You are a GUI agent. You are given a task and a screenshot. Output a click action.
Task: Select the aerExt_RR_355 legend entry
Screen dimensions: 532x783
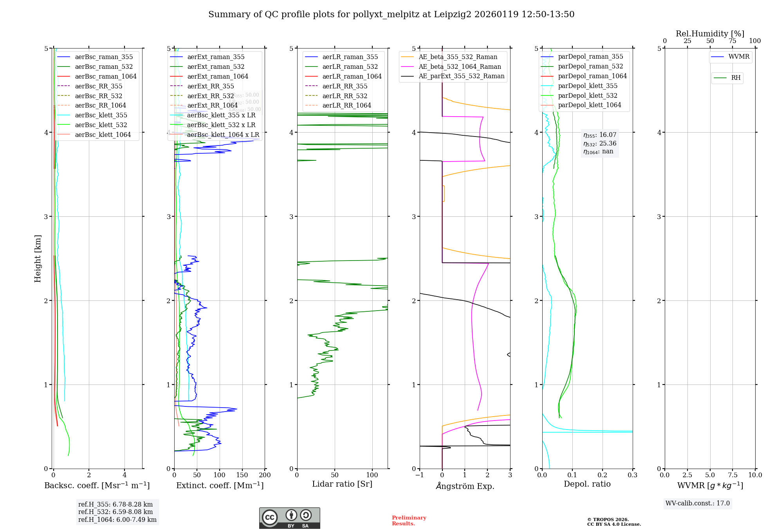(x=210, y=86)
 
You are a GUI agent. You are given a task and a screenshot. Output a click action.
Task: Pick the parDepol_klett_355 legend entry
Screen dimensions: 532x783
(x=587, y=86)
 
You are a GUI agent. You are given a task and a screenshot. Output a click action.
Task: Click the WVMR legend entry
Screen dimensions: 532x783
(x=739, y=57)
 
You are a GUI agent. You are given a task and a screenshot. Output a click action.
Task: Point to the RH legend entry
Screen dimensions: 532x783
(x=736, y=78)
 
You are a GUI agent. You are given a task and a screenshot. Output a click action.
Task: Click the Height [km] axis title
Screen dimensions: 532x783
(x=38, y=259)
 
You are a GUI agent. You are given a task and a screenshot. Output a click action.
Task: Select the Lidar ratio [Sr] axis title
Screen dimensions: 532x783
(x=342, y=484)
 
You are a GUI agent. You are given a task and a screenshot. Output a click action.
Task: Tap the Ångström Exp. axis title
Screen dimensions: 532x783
(x=465, y=486)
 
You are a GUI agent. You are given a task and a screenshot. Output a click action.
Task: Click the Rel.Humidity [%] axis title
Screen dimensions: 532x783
(x=710, y=34)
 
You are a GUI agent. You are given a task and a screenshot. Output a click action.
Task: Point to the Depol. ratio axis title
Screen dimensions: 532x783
(x=587, y=484)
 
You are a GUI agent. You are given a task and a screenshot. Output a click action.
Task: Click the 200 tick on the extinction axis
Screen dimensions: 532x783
(x=265, y=475)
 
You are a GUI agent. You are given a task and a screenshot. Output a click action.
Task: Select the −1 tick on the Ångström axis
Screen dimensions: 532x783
(x=419, y=475)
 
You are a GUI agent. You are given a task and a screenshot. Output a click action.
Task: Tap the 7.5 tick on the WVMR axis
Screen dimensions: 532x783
(x=732, y=475)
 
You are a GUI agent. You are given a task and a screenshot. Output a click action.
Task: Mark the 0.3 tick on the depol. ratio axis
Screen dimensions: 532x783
(x=632, y=475)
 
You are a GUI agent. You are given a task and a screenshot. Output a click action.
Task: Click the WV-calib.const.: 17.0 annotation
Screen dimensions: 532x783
(x=697, y=503)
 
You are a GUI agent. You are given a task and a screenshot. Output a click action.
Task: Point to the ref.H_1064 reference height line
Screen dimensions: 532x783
(x=117, y=519)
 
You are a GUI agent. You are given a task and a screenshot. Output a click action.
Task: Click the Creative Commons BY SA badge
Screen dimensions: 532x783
(x=289, y=518)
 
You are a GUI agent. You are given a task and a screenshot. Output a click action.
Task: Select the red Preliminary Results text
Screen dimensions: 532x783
(x=409, y=520)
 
